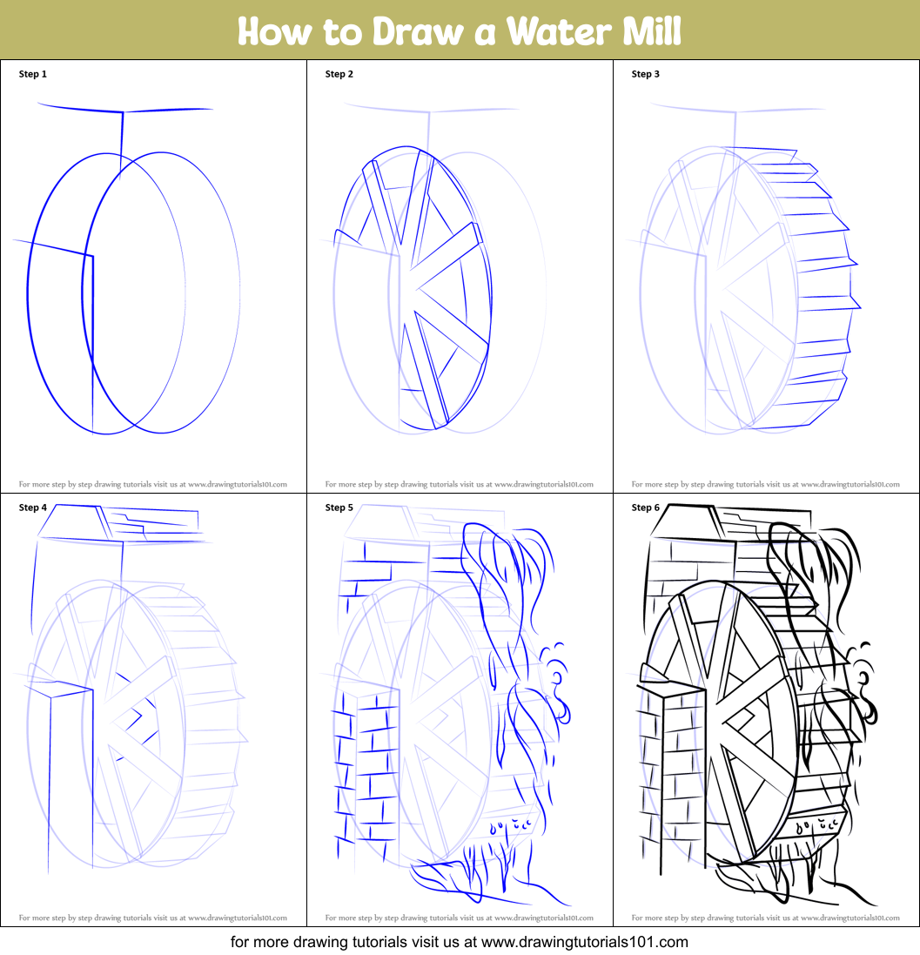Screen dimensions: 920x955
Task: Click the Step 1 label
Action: click(x=33, y=74)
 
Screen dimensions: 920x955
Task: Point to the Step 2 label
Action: click(x=339, y=74)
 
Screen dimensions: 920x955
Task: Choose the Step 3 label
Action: click(x=646, y=74)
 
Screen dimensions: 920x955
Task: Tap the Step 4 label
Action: click(x=33, y=508)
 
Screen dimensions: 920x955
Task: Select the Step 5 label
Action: click(x=339, y=508)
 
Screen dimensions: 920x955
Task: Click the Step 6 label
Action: click(x=646, y=508)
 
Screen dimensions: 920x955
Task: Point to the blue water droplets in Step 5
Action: click(x=511, y=825)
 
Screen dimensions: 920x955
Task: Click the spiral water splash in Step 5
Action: click(x=557, y=683)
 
